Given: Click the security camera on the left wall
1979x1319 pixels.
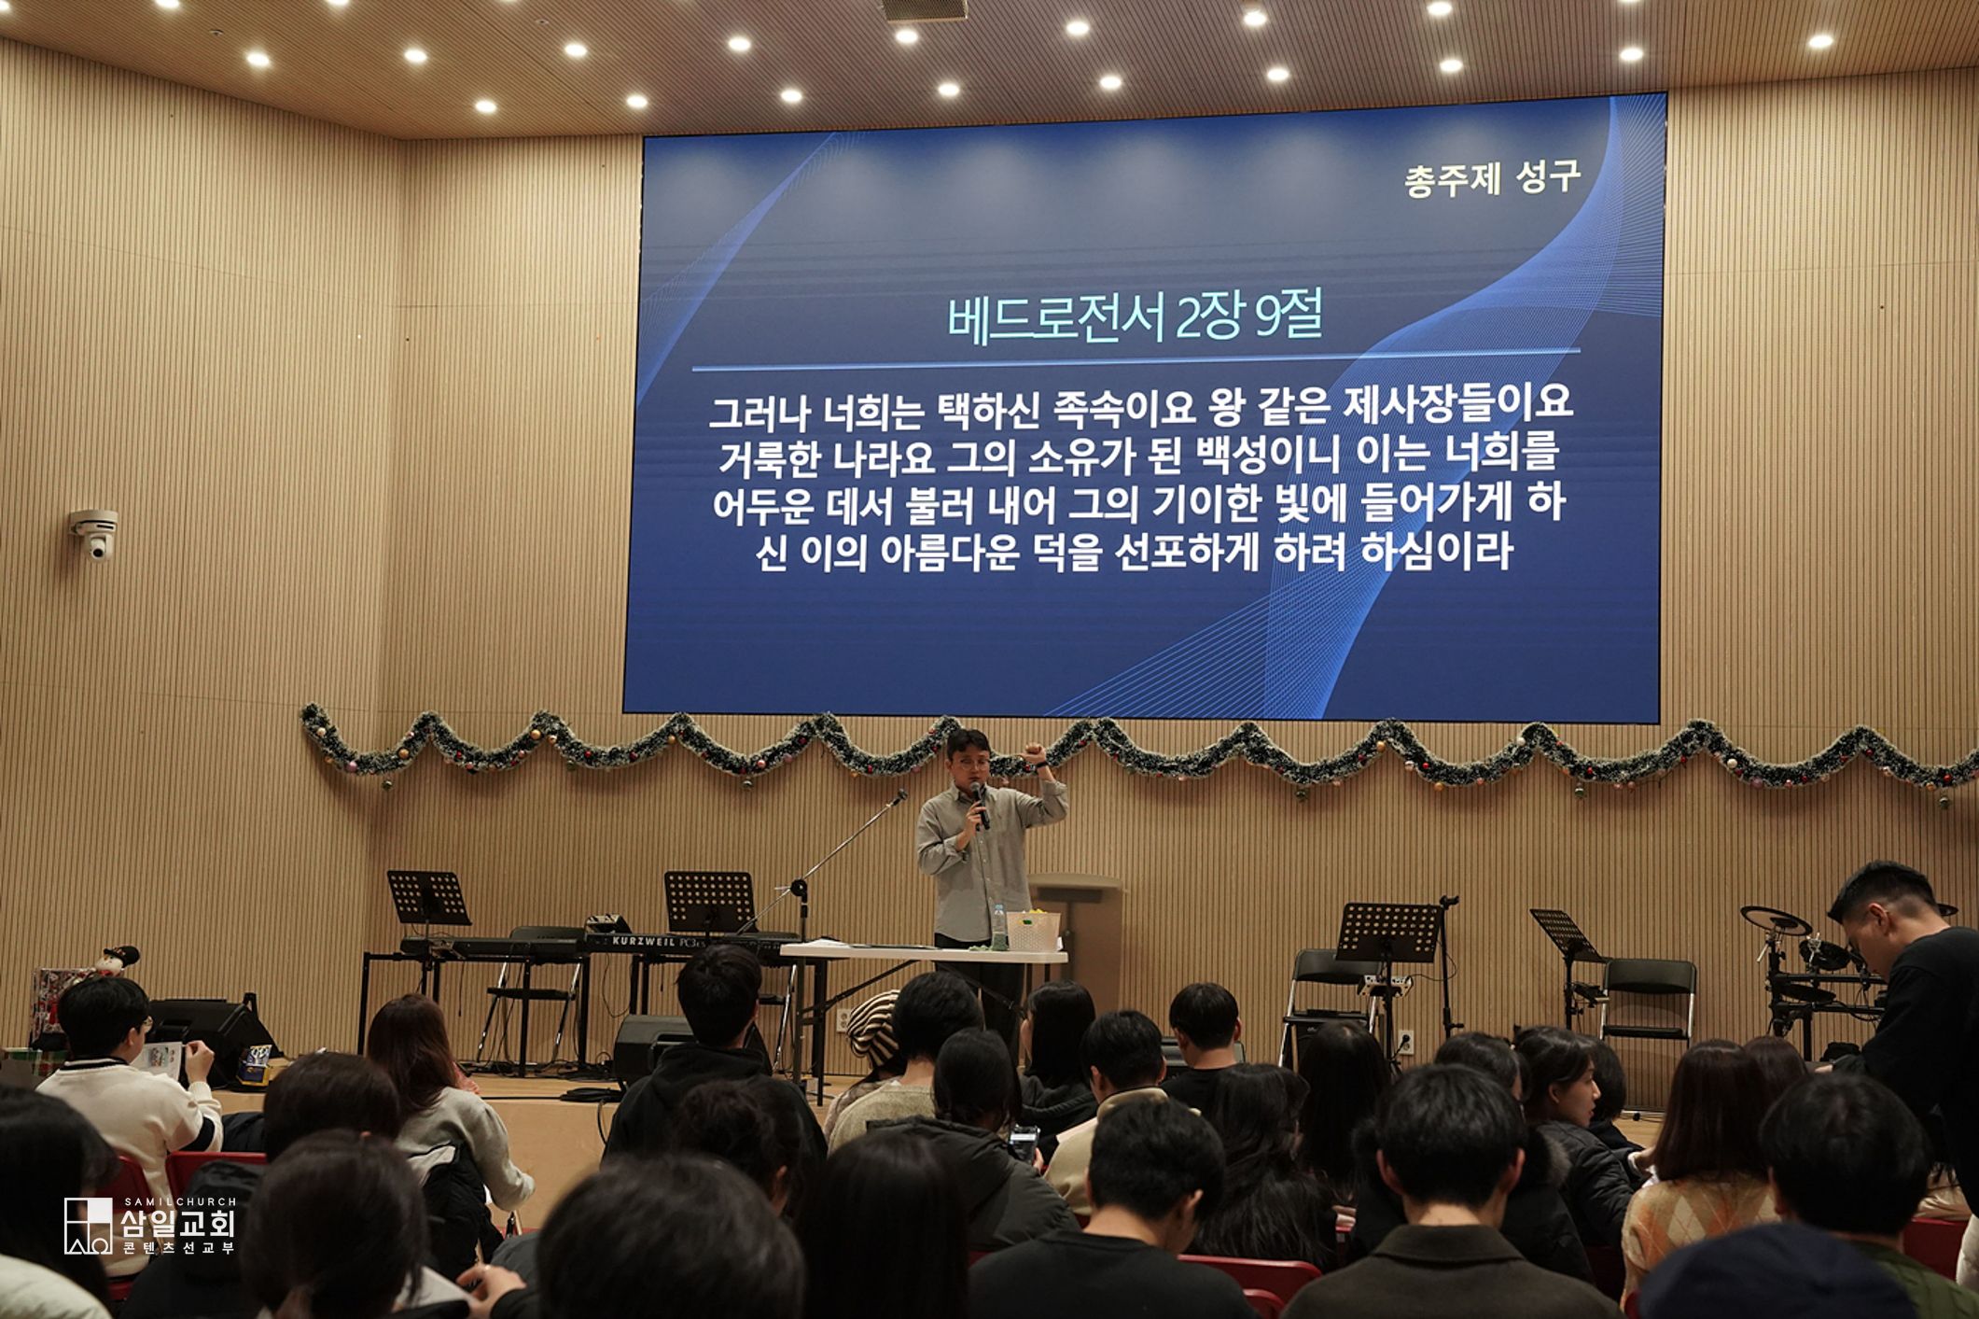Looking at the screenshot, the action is point(95,533).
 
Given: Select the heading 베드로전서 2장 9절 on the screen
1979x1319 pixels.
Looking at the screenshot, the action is point(1135,317).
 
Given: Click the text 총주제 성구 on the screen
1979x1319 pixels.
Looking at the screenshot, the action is point(1492,177).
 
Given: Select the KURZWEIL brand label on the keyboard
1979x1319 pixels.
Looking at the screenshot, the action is point(645,941).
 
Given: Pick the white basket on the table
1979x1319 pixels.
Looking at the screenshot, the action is point(1033,932).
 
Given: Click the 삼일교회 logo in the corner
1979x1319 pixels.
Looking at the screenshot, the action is point(149,1225).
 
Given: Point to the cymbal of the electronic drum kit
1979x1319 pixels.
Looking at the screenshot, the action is point(1776,919).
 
